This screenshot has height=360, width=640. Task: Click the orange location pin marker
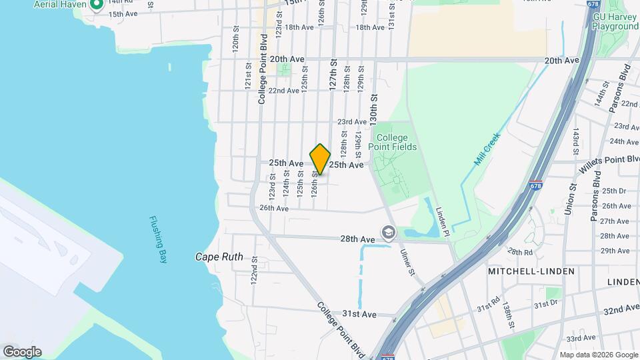point(320,160)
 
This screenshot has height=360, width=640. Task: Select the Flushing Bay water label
point(157,240)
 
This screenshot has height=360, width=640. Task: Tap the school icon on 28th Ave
point(387,232)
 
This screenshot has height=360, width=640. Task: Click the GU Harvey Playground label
point(614,21)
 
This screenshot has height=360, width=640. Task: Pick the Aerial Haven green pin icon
point(95,5)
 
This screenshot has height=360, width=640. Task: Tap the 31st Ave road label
point(359,314)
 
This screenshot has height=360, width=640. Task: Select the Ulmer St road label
point(408,260)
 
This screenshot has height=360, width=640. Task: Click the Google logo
point(22,351)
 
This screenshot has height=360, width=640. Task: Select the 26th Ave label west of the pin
point(273,208)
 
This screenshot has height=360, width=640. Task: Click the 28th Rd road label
point(520,252)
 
